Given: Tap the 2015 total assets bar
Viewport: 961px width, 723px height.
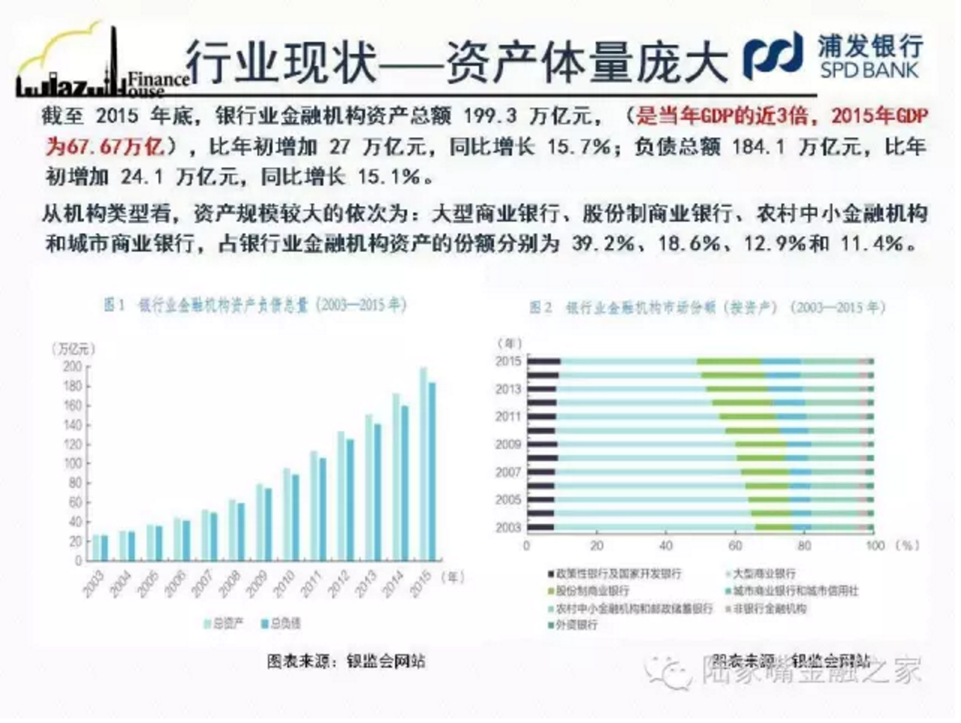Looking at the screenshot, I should point(423,464).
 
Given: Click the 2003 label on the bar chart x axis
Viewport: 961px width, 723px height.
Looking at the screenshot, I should point(94,583).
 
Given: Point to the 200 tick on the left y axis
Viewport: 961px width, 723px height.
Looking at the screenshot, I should point(73,367).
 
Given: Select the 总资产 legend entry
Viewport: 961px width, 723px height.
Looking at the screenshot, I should point(224,623).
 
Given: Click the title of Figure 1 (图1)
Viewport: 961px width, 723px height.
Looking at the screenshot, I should point(254,305).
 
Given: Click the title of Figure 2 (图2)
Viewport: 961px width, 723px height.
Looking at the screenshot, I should point(707,308).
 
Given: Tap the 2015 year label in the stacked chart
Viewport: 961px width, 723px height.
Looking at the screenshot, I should point(508,361).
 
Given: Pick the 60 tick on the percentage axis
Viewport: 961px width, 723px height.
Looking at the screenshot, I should point(736,546).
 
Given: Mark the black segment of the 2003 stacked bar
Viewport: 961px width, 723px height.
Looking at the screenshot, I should point(541,528).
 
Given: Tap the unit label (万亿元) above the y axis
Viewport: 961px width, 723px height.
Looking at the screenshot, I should point(73,349).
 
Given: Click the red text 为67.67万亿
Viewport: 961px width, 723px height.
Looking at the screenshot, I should point(104,146).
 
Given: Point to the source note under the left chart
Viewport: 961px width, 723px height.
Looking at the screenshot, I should point(346,662).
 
